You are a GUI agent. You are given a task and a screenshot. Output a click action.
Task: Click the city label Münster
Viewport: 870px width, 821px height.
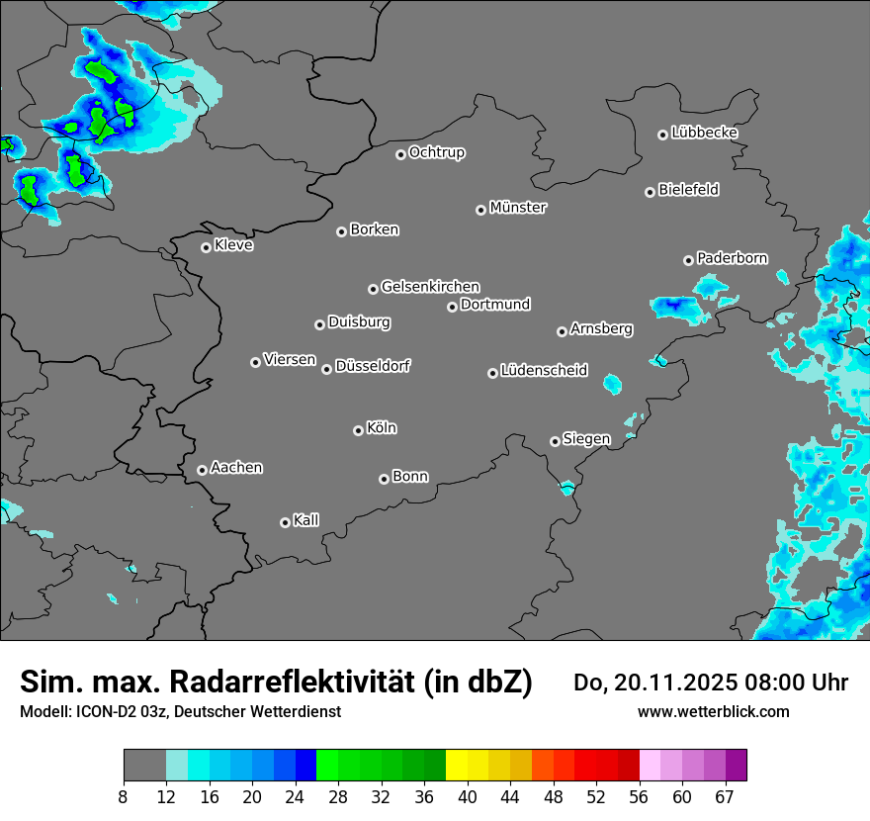(518, 208)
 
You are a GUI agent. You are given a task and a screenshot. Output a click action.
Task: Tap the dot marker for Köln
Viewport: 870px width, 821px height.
(358, 430)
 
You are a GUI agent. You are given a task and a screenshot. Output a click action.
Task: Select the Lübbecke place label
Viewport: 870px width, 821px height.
(704, 133)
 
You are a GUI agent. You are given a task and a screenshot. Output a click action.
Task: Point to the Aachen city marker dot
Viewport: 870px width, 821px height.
(202, 470)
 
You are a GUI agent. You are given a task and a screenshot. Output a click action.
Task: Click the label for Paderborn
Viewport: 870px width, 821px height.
(732, 258)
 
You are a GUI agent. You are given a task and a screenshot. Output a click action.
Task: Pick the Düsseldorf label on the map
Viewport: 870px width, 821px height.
(373, 366)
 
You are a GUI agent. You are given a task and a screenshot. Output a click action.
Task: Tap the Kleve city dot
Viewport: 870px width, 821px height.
(206, 247)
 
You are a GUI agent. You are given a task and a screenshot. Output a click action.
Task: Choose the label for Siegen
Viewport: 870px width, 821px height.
(586, 439)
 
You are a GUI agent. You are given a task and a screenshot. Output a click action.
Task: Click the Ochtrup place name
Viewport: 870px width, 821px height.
(436, 152)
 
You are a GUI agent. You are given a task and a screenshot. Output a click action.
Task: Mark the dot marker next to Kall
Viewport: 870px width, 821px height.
(285, 522)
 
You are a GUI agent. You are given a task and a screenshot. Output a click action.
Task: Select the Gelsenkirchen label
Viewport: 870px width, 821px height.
(430, 287)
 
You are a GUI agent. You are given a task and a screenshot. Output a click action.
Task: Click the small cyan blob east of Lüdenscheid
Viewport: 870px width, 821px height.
(612, 383)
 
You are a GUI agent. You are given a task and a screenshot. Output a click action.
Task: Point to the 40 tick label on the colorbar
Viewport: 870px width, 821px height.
(468, 796)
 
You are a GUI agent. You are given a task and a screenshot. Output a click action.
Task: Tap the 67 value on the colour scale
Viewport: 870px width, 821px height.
(725, 796)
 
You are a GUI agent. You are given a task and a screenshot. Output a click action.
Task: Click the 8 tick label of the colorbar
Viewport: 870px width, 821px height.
(125, 796)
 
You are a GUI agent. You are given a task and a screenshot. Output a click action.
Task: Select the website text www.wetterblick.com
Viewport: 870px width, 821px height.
(713, 711)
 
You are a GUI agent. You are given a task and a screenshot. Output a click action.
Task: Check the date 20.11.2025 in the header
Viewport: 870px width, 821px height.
(663, 683)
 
